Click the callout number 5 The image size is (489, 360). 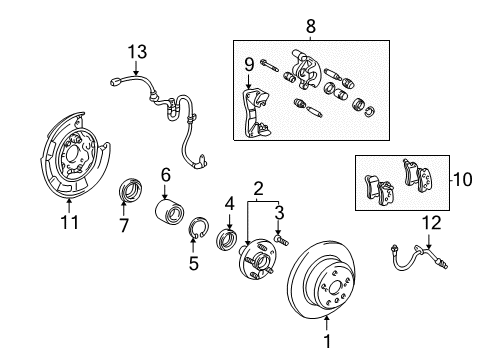tap(194, 265)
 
